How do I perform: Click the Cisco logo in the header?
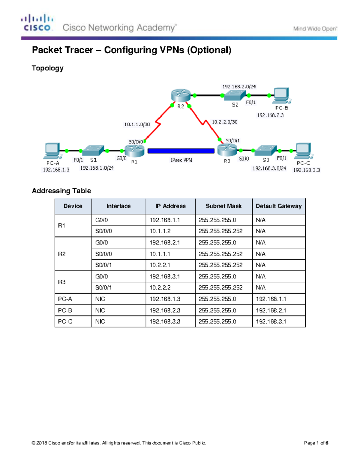point(37,23)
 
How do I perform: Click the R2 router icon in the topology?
point(181,95)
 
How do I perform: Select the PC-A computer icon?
point(53,151)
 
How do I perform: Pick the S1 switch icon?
point(93,150)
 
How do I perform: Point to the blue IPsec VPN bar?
point(181,151)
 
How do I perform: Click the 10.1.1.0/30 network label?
point(137,124)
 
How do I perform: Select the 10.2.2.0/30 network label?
point(225,122)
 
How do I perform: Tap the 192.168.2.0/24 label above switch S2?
point(239,87)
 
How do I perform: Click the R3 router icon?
point(227,150)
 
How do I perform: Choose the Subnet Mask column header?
point(223,206)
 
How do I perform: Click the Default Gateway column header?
point(278,206)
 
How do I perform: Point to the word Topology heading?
point(48,68)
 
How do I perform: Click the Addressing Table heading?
point(61,191)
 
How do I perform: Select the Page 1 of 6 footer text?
point(316,443)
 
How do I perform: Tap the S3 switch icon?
point(265,150)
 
